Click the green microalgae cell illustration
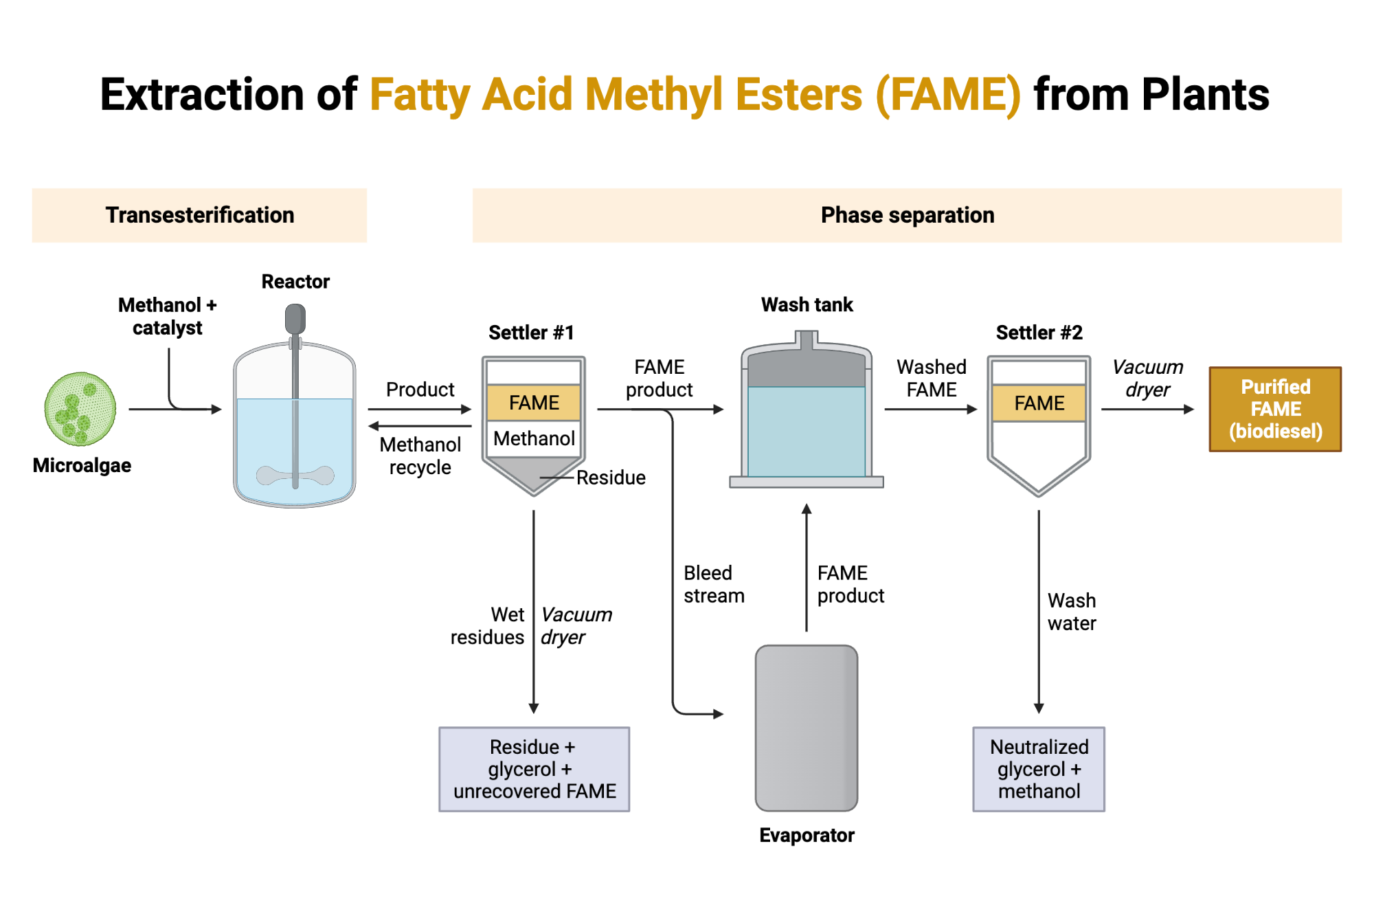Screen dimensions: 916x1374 pyautogui.click(x=80, y=409)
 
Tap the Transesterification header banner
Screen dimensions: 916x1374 pyautogui.click(x=199, y=215)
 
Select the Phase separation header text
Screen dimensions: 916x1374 pyautogui.click(x=907, y=215)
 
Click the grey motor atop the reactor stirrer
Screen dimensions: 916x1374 pyautogui.click(x=295, y=319)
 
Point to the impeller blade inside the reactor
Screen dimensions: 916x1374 pyautogui.click(x=295, y=475)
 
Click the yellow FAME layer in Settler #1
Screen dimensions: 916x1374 pyautogui.click(x=534, y=403)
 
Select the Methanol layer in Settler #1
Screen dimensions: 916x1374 pyautogui.click(x=534, y=438)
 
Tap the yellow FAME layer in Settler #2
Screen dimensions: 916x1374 pyautogui.click(x=1039, y=403)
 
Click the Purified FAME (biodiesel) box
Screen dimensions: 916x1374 pyautogui.click(x=1275, y=409)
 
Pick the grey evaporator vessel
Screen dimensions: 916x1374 pyautogui.click(x=807, y=728)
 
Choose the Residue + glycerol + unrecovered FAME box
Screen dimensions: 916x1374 pyautogui.click(x=534, y=769)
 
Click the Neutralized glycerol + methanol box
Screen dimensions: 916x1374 pyautogui.click(x=1039, y=769)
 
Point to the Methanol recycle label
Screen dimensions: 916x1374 pyautogui.click(x=420, y=456)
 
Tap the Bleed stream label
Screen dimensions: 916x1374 pyautogui.click(x=713, y=584)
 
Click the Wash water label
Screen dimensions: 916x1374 pyautogui.click(x=1071, y=612)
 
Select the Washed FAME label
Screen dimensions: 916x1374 pyautogui.click(x=931, y=378)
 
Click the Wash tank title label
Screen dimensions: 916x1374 pyautogui.click(x=807, y=304)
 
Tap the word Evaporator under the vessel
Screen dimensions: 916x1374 pyautogui.click(x=807, y=835)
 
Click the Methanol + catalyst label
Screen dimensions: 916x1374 pyautogui.click(x=167, y=316)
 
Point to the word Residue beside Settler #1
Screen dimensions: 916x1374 pyautogui.click(x=611, y=478)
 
